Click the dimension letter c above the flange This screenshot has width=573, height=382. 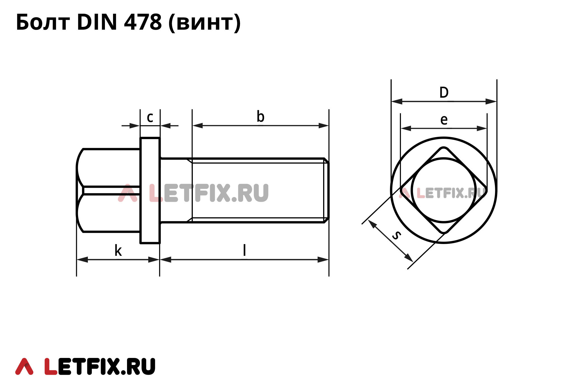[x=150, y=118]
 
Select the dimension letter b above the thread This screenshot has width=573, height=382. [x=260, y=116]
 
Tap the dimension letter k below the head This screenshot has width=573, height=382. [x=118, y=250]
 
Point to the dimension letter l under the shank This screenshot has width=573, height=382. [x=245, y=250]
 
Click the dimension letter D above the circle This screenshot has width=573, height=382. [x=444, y=92]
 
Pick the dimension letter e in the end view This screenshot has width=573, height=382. [x=444, y=120]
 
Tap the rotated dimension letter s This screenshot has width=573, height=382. [x=396, y=235]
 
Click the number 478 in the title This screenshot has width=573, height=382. [x=143, y=22]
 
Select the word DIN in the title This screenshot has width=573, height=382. [x=97, y=22]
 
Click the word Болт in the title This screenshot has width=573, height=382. [x=43, y=22]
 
